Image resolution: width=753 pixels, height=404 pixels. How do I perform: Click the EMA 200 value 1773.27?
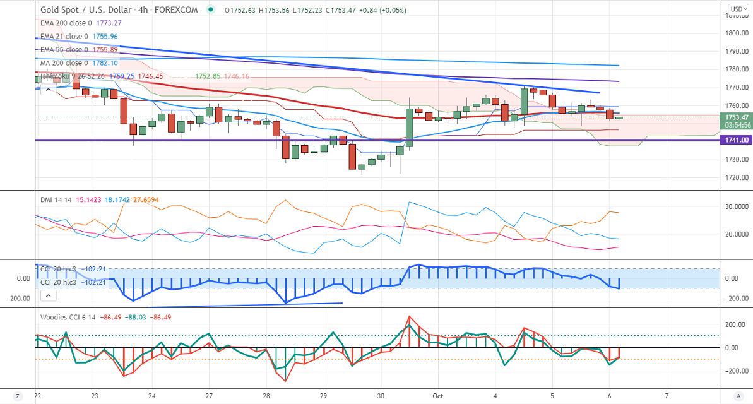coord(109,23)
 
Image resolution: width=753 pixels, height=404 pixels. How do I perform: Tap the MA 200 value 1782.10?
coord(105,63)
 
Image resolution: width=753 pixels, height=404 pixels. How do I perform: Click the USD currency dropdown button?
coord(737,9)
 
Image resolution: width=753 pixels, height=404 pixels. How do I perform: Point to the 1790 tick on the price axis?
coord(734,51)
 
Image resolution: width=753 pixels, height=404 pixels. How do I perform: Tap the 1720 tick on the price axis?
coord(734,177)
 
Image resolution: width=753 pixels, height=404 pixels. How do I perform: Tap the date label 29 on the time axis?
coord(323,395)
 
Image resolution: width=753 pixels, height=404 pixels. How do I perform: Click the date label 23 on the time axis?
coord(94,395)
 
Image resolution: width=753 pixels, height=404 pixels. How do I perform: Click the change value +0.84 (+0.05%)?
coord(383,10)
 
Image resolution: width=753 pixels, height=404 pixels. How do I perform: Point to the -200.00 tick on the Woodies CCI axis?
coord(734,371)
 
